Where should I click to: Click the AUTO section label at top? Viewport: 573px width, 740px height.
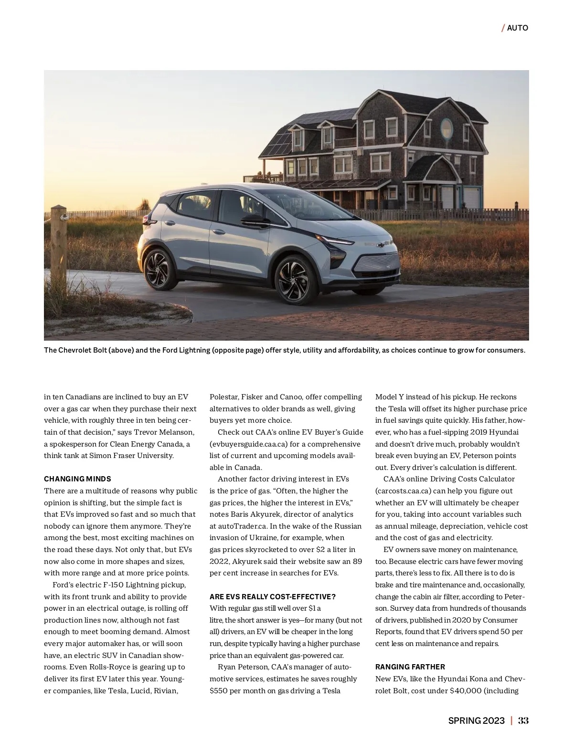(517, 28)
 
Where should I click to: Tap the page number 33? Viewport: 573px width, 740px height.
(523, 720)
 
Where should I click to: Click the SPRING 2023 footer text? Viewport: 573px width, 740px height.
(476, 720)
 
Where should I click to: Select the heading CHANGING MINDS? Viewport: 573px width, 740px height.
(77, 479)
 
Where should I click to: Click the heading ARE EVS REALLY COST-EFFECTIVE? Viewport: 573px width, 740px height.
(272, 597)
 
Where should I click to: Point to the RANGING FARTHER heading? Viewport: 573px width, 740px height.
(410, 667)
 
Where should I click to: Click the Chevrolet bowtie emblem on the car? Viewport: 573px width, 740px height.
(381, 245)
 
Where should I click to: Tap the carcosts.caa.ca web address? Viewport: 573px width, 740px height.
(403, 491)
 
